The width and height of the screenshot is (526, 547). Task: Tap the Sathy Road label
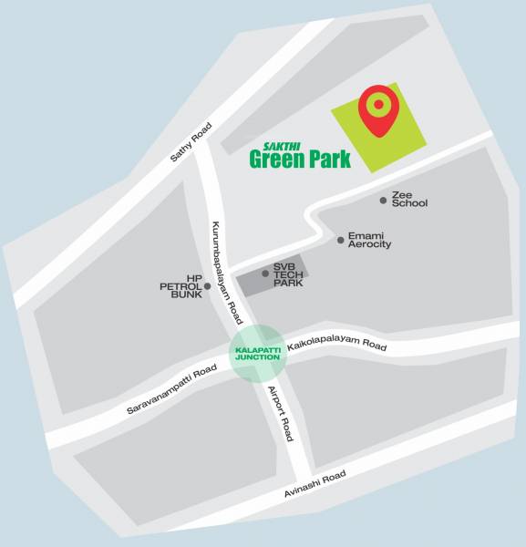click(191, 142)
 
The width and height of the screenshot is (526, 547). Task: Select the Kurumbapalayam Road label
click(226, 272)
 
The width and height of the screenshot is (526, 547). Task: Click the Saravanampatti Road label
click(171, 390)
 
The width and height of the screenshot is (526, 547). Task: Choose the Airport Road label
click(280, 413)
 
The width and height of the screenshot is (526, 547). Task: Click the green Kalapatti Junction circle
click(257, 352)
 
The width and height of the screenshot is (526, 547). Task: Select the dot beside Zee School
click(384, 200)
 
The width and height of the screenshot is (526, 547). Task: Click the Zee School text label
click(409, 199)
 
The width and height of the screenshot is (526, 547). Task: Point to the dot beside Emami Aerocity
click(341, 240)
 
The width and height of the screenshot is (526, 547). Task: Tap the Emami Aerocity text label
click(369, 240)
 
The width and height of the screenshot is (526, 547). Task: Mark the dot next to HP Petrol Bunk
click(208, 286)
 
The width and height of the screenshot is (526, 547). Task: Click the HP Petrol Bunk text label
click(180, 286)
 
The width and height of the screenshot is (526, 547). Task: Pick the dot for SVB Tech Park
click(265, 273)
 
